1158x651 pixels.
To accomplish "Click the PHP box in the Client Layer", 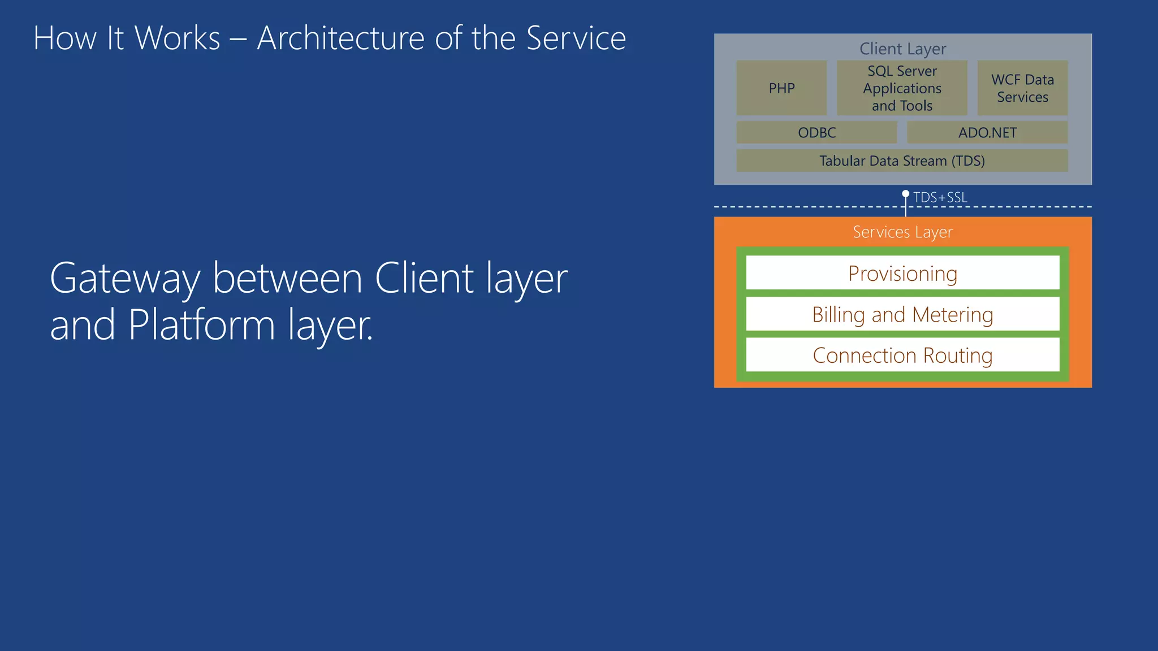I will click(781, 88).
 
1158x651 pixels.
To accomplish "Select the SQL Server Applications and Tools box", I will click(902, 88).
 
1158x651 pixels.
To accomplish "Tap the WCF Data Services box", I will click(1022, 88).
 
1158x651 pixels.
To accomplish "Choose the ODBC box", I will click(816, 133).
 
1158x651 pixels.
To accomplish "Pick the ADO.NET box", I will click(987, 133).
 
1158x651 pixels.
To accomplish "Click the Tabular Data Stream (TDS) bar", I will click(902, 161).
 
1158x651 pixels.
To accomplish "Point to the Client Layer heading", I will click(902, 49).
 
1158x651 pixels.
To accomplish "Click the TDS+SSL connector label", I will click(940, 198).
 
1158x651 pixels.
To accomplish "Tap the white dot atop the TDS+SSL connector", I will click(905, 194).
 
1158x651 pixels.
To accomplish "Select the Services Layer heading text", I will click(902, 232).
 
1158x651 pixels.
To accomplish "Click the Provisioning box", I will click(902, 274).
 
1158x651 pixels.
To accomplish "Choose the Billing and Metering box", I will click(902, 314).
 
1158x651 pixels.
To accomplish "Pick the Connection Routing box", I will click(902, 355).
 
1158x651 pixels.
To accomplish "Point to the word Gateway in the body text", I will click(125, 279).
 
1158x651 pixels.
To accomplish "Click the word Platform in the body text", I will click(201, 325).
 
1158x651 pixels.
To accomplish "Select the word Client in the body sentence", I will click(424, 279).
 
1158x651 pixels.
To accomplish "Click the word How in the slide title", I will click(65, 38).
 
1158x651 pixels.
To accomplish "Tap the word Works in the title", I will click(177, 38).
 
